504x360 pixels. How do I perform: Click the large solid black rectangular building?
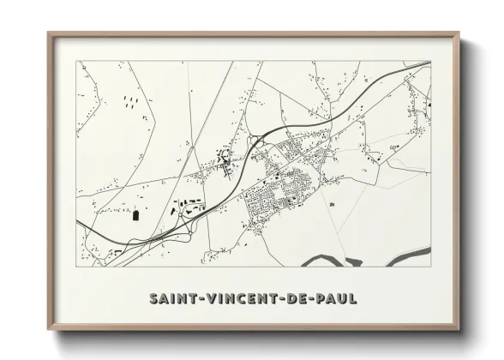135,214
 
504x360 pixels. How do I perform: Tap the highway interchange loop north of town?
255,142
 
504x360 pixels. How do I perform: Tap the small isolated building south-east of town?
331,204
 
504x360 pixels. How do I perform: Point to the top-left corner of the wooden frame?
49,33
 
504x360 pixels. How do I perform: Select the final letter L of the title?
353,299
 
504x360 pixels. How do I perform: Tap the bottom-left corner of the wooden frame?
49,328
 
